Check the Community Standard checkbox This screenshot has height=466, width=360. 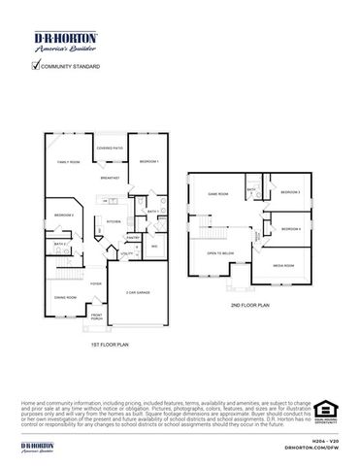[36, 66]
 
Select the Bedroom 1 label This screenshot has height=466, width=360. [147, 160]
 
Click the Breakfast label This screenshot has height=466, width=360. [110, 179]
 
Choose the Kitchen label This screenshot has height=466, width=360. [113, 221]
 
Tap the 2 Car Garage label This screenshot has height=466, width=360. [136, 292]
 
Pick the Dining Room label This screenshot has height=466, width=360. [65, 297]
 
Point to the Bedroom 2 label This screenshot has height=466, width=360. [64, 215]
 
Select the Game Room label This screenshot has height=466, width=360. [217, 193]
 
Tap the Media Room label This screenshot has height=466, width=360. [282, 264]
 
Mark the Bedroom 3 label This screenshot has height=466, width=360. [291, 191]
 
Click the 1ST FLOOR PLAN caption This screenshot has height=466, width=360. [108, 344]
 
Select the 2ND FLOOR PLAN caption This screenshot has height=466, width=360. [249, 304]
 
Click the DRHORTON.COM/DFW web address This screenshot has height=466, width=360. [310, 449]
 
